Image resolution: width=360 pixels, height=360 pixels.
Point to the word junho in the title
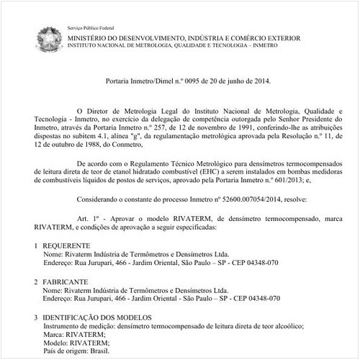tap(240, 81)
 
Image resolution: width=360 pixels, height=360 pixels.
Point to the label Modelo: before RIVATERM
tap(57, 341)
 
